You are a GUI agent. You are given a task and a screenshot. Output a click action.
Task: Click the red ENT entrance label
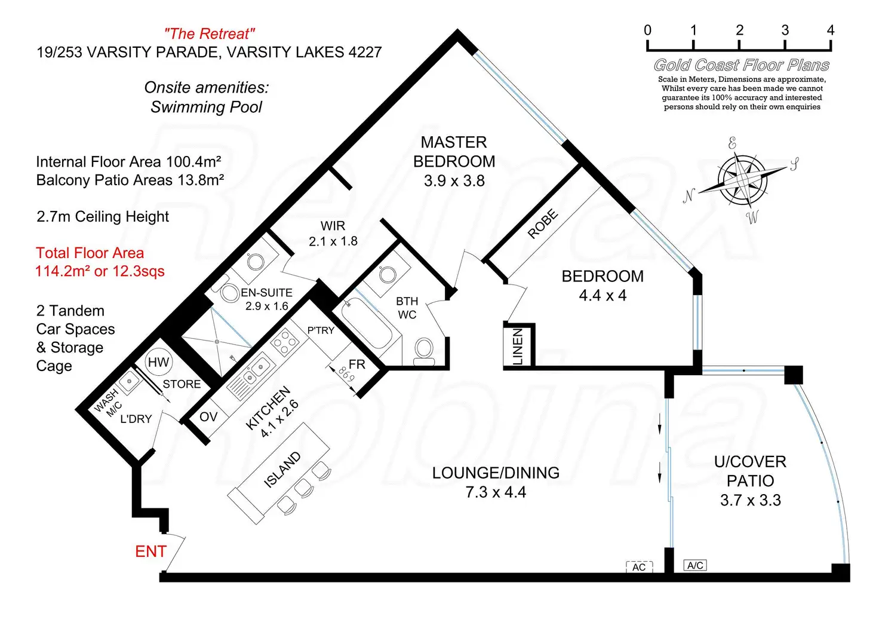(150, 551)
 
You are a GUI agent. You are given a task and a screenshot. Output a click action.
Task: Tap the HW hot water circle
(158, 362)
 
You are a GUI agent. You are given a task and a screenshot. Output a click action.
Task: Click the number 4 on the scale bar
(830, 30)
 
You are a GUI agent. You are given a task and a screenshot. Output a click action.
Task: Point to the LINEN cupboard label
(518, 346)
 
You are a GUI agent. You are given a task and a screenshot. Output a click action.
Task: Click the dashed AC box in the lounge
(639, 567)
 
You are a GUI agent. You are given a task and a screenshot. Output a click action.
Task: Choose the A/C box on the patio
(695, 565)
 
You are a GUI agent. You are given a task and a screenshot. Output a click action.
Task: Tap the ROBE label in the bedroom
(543, 224)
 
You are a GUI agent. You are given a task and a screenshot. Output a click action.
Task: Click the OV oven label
(208, 416)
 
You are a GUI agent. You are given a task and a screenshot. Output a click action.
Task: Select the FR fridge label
(357, 364)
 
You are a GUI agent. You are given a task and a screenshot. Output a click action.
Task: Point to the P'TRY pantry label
(321, 330)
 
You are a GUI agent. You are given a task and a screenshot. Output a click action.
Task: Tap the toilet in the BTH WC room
(424, 349)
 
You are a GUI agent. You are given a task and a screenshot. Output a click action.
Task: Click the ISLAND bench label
(282, 470)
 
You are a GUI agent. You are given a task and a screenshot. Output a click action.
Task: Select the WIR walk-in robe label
(333, 226)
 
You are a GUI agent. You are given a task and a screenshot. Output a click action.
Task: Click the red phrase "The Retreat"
(210, 34)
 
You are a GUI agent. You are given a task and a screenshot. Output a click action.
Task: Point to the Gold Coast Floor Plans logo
(742, 65)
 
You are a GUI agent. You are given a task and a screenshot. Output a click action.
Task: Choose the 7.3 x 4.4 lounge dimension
(496, 492)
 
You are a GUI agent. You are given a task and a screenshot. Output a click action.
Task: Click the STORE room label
(182, 384)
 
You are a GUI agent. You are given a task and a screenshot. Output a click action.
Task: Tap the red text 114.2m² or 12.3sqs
(100, 271)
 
